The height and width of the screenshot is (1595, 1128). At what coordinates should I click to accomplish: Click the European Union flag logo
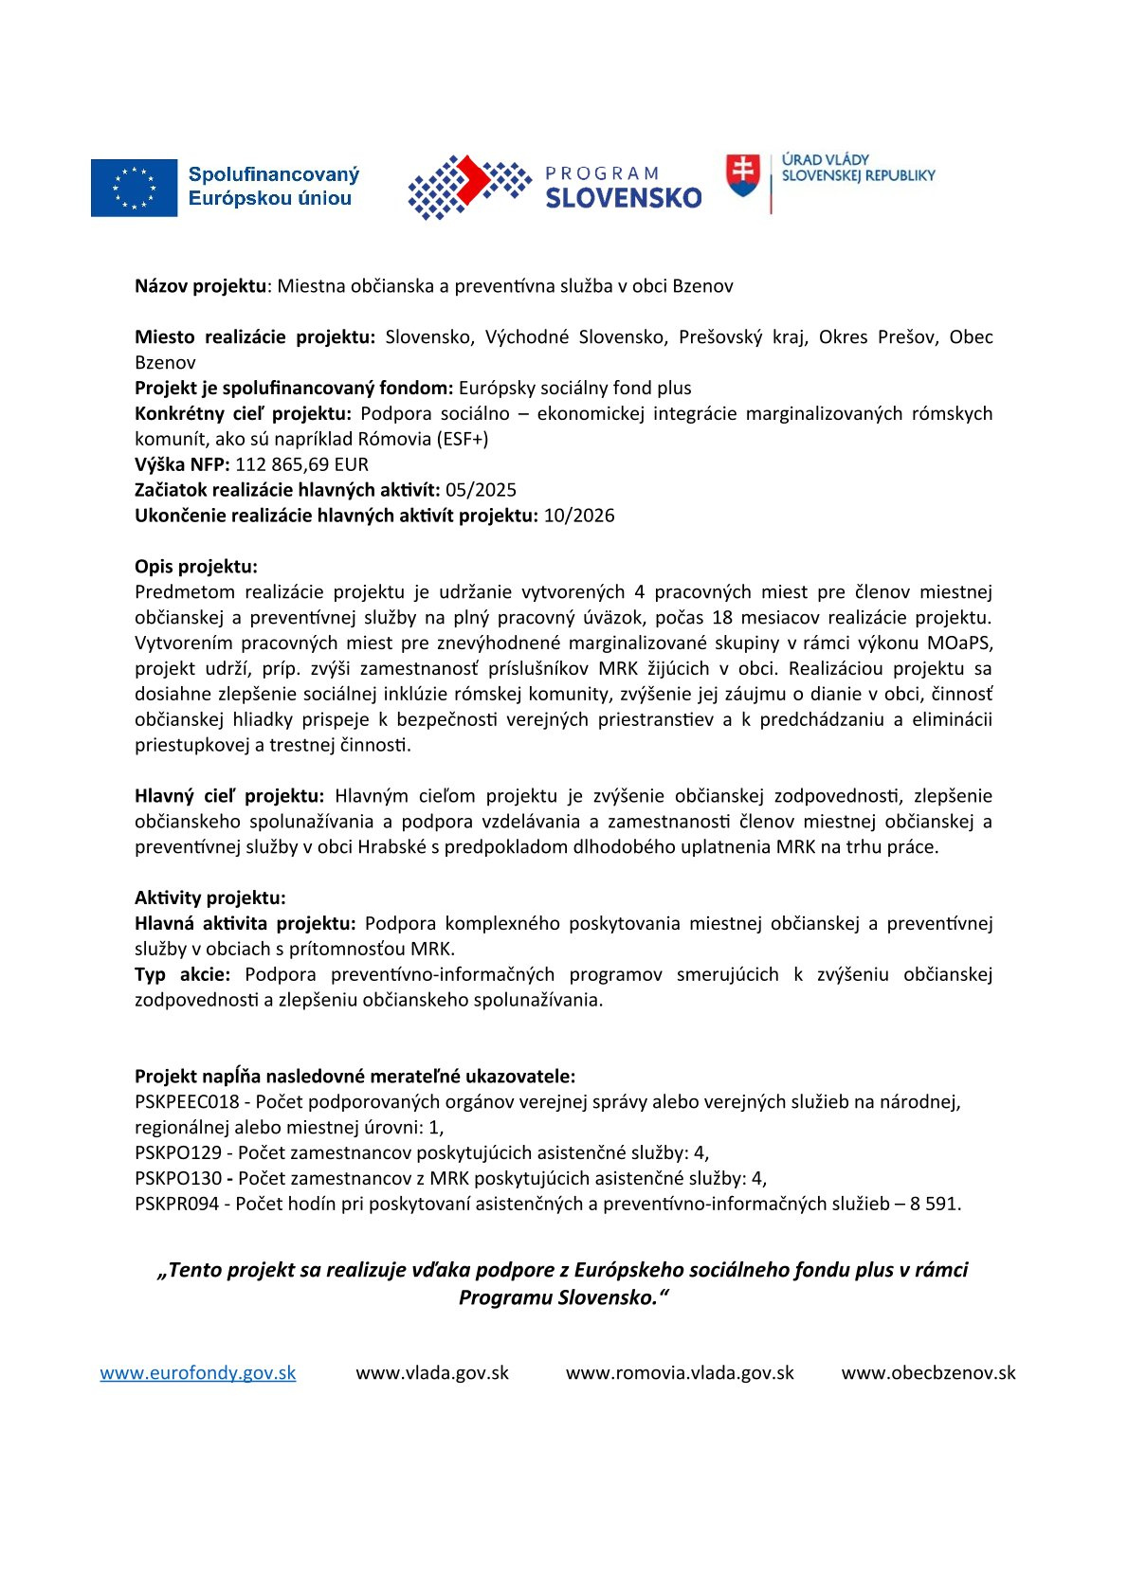point(134,188)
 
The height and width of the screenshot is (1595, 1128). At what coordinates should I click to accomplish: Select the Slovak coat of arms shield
point(743,175)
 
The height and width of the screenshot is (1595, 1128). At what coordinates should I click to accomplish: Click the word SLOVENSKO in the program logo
point(624,197)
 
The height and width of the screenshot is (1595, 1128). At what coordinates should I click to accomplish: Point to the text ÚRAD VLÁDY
point(825,159)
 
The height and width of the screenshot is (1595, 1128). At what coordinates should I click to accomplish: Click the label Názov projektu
point(200,286)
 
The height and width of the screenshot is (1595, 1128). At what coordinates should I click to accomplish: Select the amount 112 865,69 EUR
point(301,464)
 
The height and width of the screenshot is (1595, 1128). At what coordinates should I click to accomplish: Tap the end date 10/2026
point(578,516)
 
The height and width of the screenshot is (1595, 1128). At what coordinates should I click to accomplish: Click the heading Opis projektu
point(195,567)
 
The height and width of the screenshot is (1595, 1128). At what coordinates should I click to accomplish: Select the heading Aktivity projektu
point(209,897)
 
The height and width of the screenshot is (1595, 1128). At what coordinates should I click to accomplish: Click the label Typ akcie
point(182,974)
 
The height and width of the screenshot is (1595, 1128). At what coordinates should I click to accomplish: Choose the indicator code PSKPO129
point(178,1152)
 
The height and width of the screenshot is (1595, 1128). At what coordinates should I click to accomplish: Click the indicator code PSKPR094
point(176,1204)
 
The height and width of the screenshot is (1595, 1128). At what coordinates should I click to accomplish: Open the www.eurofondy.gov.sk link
point(198,1372)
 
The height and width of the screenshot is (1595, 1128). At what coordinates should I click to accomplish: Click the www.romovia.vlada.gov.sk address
point(680,1372)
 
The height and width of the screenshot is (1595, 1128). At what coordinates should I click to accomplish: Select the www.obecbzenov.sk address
point(928,1372)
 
